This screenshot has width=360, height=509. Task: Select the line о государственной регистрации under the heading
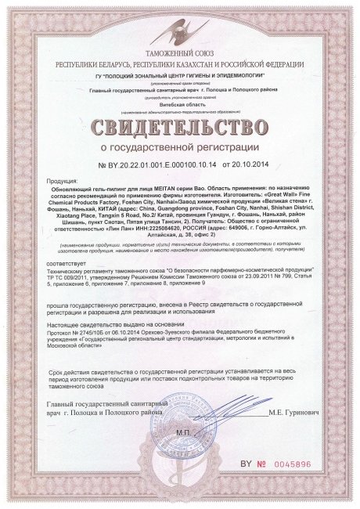(179, 147)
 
